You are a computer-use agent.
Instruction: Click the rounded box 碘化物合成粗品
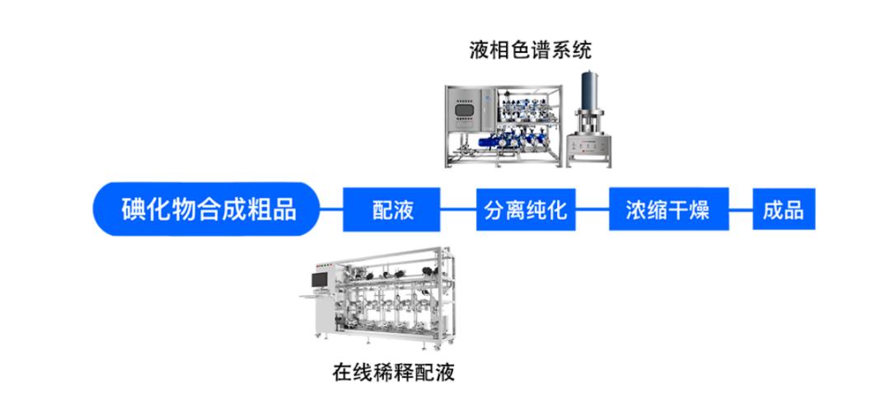pos(205,209)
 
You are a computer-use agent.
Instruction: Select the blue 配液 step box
pos(391,209)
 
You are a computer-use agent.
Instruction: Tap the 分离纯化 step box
pos(526,209)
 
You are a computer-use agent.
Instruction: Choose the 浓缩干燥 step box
pos(668,209)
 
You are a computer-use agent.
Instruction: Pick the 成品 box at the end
pos(784,209)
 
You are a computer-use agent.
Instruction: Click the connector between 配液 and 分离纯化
pos(458,209)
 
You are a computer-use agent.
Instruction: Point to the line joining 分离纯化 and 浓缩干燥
pos(592,209)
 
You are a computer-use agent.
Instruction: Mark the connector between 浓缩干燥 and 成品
pos(741,209)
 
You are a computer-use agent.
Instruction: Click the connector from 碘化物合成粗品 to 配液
pos(331,209)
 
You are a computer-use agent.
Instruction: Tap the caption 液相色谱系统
pos(530,50)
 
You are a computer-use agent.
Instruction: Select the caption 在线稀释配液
pos(393,374)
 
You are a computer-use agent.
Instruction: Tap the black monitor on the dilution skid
pos(319,280)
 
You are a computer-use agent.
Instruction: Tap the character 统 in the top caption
pos(581,50)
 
